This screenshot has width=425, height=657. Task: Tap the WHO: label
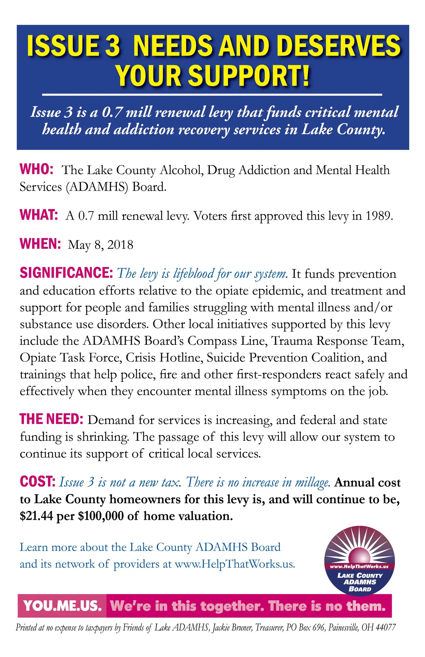(x=36, y=169)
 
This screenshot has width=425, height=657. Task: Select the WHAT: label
(x=39, y=215)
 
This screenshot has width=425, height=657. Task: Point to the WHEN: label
(x=40, y=244)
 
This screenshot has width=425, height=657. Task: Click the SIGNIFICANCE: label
(x=66, y=273)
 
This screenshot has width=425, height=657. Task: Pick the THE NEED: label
(x=51, y=419)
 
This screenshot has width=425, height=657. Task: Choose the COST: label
(x=38, y=481)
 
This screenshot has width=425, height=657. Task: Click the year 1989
(x=378, y=216)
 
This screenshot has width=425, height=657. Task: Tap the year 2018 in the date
(x=120, y=245)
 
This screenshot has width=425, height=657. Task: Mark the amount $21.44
(x=36, y=516)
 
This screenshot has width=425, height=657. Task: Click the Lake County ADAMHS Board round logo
(x=360, y=561)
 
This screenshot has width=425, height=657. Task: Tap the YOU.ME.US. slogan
(x=63, y=606)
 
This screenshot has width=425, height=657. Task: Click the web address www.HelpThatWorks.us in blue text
(x=235, y=564)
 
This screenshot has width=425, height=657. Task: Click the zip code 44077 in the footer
(x=386, y=627)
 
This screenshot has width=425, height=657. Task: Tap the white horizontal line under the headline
(x=212, y=94)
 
